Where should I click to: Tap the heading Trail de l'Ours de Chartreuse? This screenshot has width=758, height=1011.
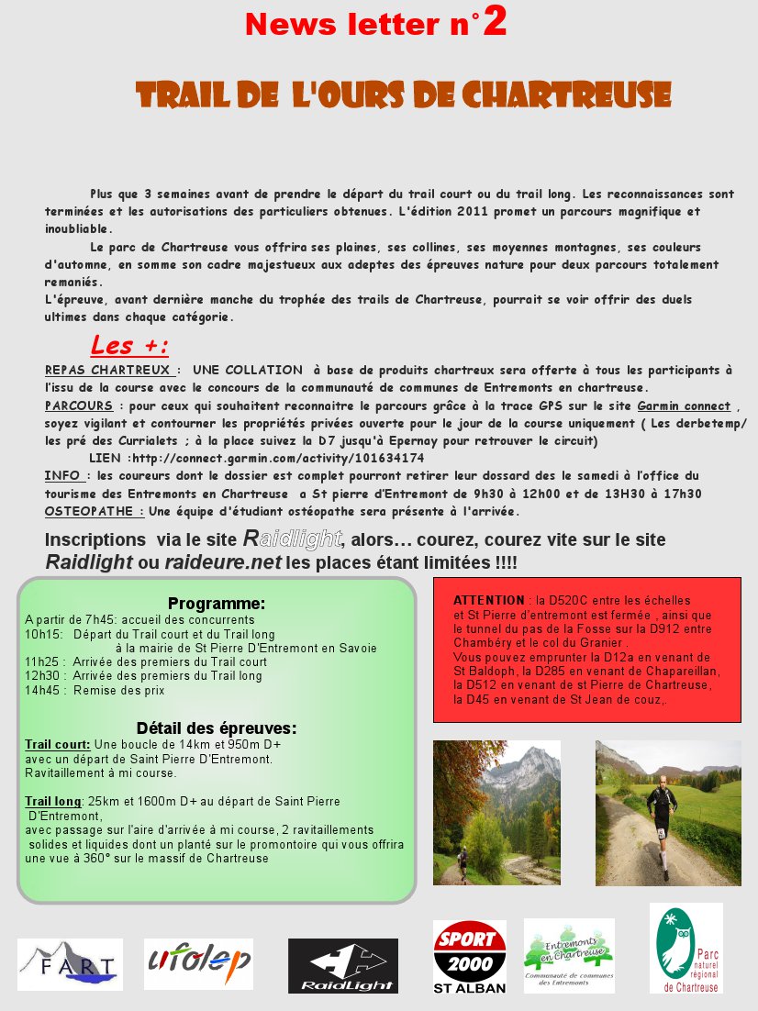pyautogui.click(x=403, y=94)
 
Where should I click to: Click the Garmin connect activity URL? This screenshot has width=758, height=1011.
pyautogui.click(x=278, y=458)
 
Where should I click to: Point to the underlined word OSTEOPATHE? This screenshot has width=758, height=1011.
pyautogui.click(x=94, y=511)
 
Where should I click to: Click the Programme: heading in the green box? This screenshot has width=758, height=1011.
pyautogui.click(x=217, y=604)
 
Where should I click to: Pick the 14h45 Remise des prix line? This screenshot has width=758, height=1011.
pyautogui.click(x=95, y=689)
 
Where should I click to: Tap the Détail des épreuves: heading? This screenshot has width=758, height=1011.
pyautogui.click(x=217, y=728)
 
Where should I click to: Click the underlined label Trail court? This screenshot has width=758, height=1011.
pyautogui.click(x=58, y=745)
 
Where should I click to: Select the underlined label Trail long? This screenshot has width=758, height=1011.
pyautogui.click(x=53, y=801)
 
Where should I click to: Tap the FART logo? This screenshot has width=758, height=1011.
pyautogui.click(x=70, y=964)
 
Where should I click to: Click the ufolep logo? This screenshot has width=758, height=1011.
pyautogui.click(x=198, y=962)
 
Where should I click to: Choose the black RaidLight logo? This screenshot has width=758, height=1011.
pyautogui.click(x=342, y=966)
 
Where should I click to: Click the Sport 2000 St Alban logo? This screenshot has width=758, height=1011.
pyautogui.click(x=469, y=957)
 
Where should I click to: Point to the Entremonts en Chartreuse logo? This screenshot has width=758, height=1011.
pyautogui.click(x=569, y=955)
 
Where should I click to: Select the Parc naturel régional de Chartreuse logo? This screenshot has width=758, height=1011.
pyautogui.click(x=686, y=948)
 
